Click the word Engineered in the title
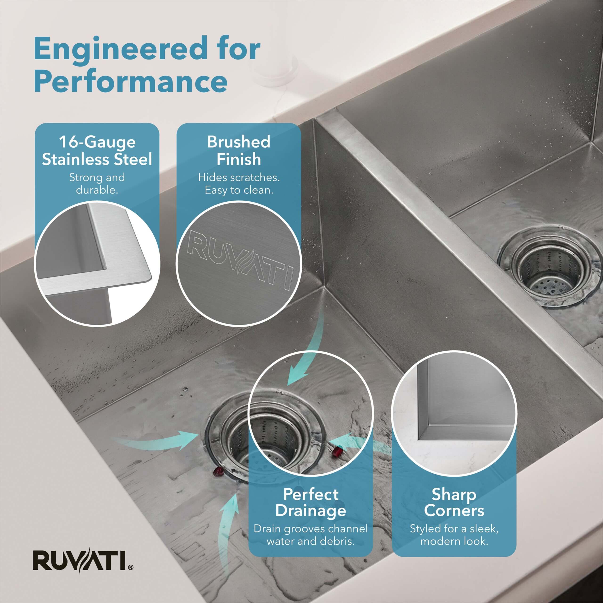120,49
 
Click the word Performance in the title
131,82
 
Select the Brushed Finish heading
239,151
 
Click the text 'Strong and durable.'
97,183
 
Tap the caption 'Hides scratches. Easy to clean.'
239,183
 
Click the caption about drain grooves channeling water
311,535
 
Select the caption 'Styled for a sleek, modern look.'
454,535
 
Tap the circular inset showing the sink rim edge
97,264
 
